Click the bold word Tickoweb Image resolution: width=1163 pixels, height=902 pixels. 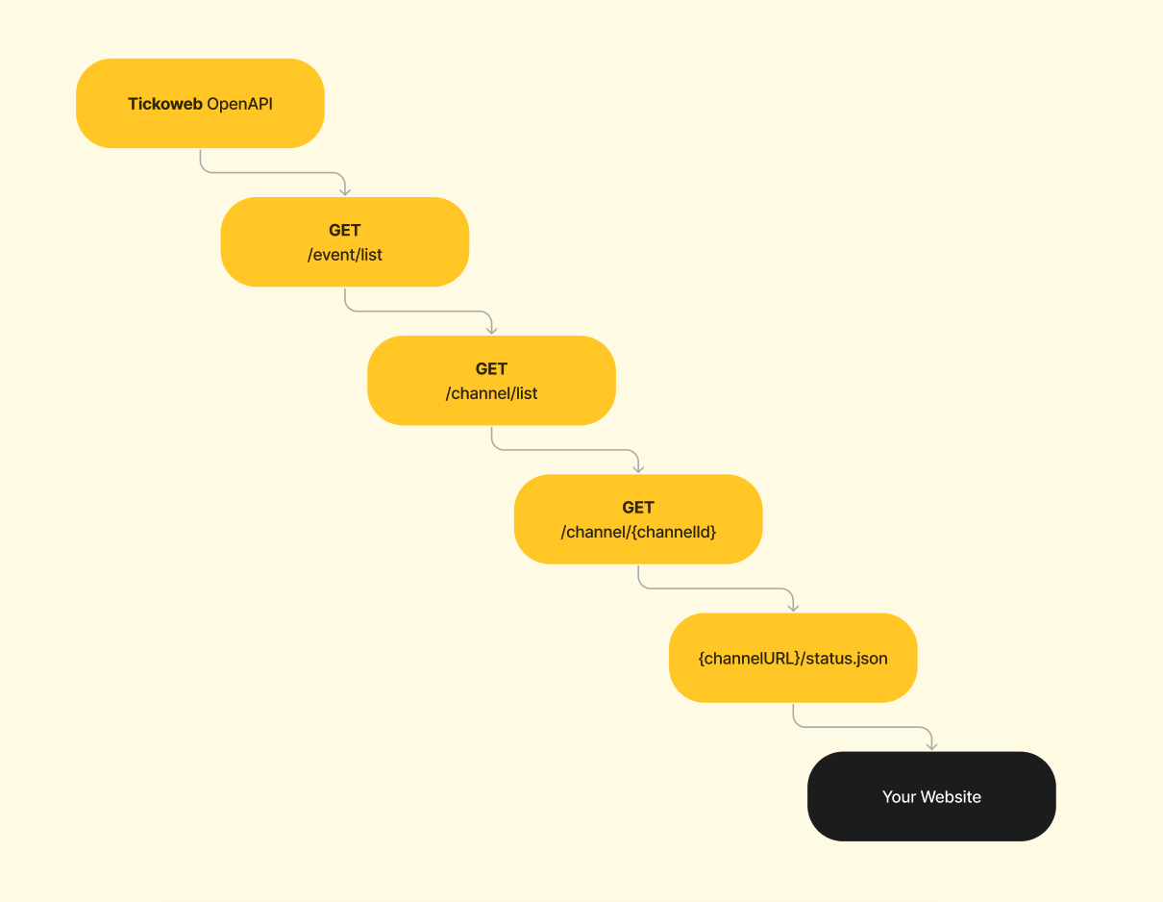(x=165, y=104)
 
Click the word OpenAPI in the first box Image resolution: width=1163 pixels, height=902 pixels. (x=239, y=104)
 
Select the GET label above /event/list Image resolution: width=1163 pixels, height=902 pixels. (x=345, y=230)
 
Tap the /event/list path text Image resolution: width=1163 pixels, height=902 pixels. (x=345, y=255)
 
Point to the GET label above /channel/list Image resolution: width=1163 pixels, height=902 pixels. (x=491, y=369)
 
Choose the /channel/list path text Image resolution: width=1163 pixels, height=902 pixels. (x=491, y=393)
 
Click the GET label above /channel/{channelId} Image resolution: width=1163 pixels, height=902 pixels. (x=638, y=508)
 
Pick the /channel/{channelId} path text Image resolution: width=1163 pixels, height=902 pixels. (x=638, y=532)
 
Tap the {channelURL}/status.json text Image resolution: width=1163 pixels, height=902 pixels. (x=793, y=658)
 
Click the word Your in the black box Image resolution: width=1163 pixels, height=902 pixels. (x=899, y=796)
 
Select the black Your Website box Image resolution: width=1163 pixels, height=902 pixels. (x=931, y=796)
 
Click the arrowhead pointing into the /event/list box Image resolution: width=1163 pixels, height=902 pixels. (x=345, y=191)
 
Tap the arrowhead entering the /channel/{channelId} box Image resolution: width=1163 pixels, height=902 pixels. (x=638, y=469)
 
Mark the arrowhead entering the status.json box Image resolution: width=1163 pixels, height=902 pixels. (x=793, y=608)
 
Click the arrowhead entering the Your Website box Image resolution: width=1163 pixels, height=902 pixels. (x=931, y=746)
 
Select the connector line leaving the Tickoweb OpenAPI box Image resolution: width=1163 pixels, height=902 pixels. (x=273, y=172)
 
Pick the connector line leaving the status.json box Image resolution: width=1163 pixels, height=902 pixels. (x=863, y=727)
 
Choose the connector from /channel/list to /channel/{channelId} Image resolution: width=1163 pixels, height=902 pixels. (x=564, y=450)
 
